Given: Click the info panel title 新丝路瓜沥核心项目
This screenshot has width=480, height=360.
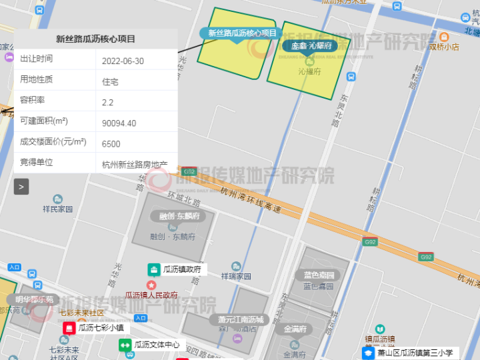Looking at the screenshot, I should click(95, 39).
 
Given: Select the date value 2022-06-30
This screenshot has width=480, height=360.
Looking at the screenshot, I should click(123, 61).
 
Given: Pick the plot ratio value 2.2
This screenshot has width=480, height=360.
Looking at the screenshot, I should click(107, 103).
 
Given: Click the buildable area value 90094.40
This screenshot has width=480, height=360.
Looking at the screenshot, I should click(119, 123).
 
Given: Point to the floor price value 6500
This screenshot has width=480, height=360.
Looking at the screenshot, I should click(111, 144).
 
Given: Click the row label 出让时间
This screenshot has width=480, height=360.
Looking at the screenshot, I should click(37, 59).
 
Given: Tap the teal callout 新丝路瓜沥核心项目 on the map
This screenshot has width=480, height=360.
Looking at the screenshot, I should click(242, 33).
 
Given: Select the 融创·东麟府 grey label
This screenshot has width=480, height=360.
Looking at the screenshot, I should click(178, 216).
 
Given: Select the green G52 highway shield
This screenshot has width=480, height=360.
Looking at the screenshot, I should click(189, 171).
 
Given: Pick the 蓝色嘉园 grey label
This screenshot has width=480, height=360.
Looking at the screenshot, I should click(318, 275).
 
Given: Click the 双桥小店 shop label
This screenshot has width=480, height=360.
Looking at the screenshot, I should click(443, 47).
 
